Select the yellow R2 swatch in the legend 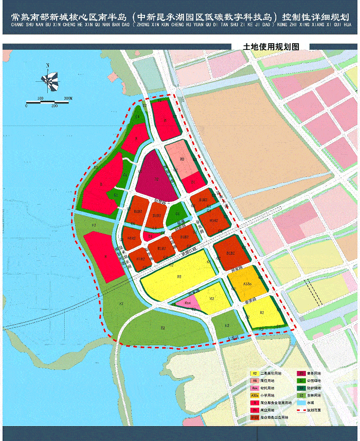click(x=255, y=374)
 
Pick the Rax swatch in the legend click(x=255, y=388)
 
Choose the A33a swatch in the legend click(x=255, y=395)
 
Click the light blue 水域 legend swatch click(x=301, y=403)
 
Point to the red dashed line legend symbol click(x=301, y=411)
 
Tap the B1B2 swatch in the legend click(x=255, y=418)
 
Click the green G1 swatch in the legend click(x=301, y=381)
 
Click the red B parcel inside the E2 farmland click(x=105, y=256)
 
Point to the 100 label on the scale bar click(x=40, y=98)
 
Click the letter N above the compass click(x=47, y=65)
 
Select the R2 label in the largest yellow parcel click(x=179, y=277)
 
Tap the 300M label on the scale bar click(x=68, y=98)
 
